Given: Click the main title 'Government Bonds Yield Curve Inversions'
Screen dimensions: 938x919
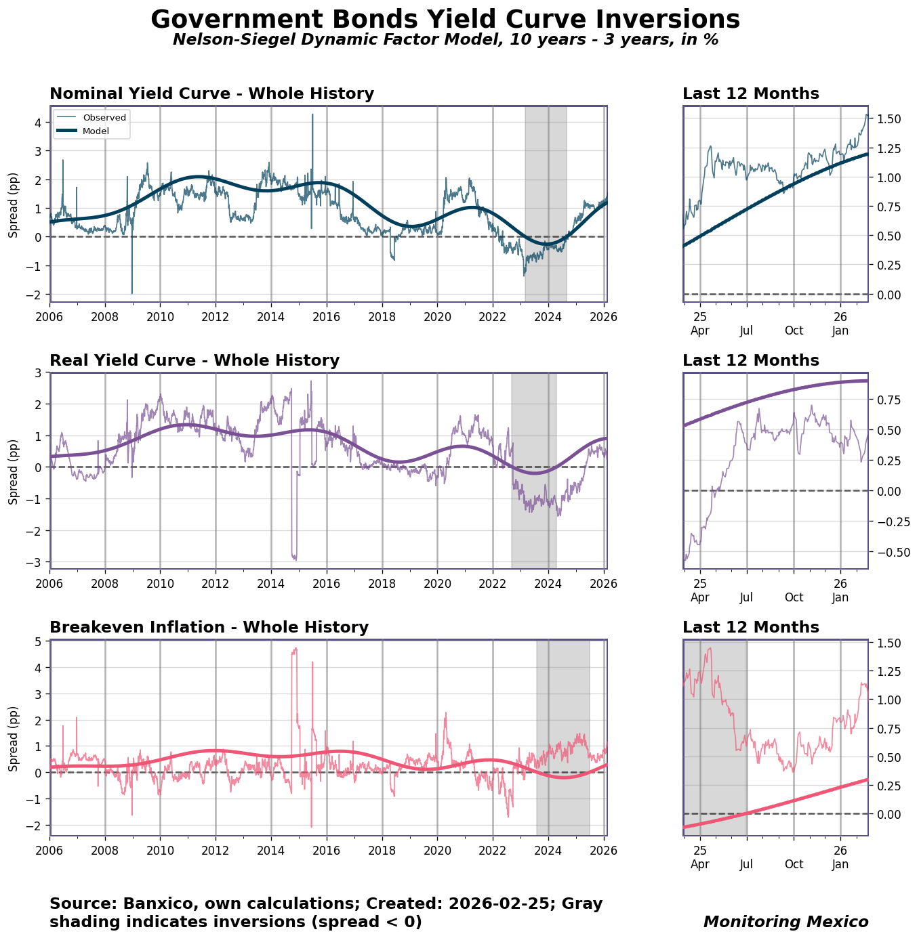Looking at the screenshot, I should pyautogui.click(x=445, y=19).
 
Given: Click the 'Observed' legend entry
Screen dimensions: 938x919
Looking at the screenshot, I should pyautogui.click(x=104, y=117).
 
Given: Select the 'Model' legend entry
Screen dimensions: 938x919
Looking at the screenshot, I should pyautogui.click(x=96, y=131).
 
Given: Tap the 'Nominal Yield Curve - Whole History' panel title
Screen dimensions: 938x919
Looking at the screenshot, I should pyautogui.click(x=211, y=93).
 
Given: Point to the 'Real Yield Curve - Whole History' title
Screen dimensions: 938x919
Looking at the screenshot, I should pyautogui.click(x=195, y=360).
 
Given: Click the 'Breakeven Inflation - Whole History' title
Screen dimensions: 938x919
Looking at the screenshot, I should pyautogui.click(x=209, y=627).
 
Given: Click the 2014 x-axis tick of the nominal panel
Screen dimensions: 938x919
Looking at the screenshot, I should pyautogui.click(x=271, y=316).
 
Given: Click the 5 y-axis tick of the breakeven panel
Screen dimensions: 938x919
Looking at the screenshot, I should pyautogui.click(x=38, y=642).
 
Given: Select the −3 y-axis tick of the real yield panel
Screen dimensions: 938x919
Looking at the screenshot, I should pyautogui.click(x=35, y=562).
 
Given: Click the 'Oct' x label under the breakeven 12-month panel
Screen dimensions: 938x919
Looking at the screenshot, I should pyautogui.click(x=794, y=864).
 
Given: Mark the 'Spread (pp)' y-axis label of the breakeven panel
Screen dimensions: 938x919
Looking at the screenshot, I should pyautogui.click(x=14, y=738).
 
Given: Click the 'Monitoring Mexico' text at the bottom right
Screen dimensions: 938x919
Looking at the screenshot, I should pyautogui.click(x=785, y=922).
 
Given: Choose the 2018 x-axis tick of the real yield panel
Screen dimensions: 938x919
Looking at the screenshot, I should pyautogui.click(x=382, y=582).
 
